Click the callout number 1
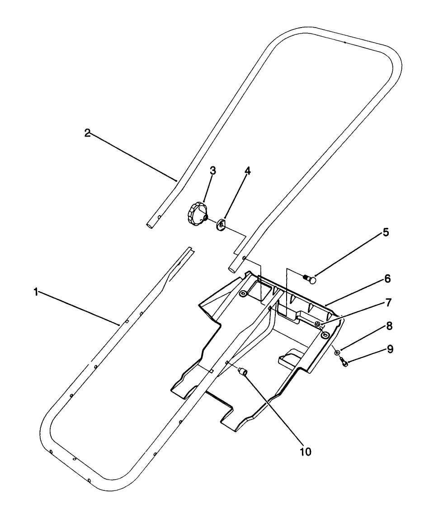click(x=36, y=292)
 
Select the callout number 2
click(x=87, y=133)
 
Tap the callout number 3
click(x=212, y=170)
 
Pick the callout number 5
click(x=385, y=232)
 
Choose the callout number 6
click(x=386, y=279)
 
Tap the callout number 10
click(x=306, y=452)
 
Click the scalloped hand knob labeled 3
click(x=196, y=214)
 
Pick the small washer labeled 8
click(x=338, y=353)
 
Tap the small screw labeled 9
click(x=344, y=363)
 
